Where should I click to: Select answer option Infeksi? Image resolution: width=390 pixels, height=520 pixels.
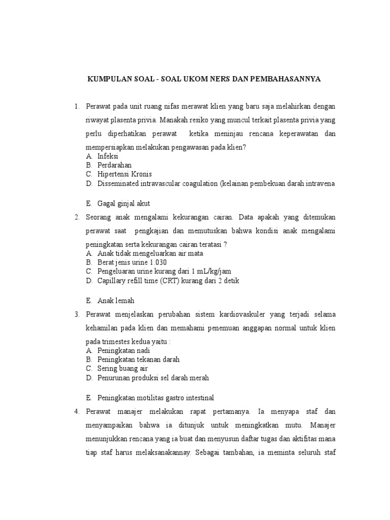tap(108, 156)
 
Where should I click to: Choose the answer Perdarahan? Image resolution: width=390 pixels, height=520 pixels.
tap(114, 165)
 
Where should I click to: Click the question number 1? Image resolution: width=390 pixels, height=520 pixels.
tap(76, 107)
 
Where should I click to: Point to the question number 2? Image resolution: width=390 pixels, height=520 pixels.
tap(76, 217)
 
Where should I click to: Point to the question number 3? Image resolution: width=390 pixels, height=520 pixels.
tap(76, 314)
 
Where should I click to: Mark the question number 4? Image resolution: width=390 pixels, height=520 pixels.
tap(76, 411)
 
